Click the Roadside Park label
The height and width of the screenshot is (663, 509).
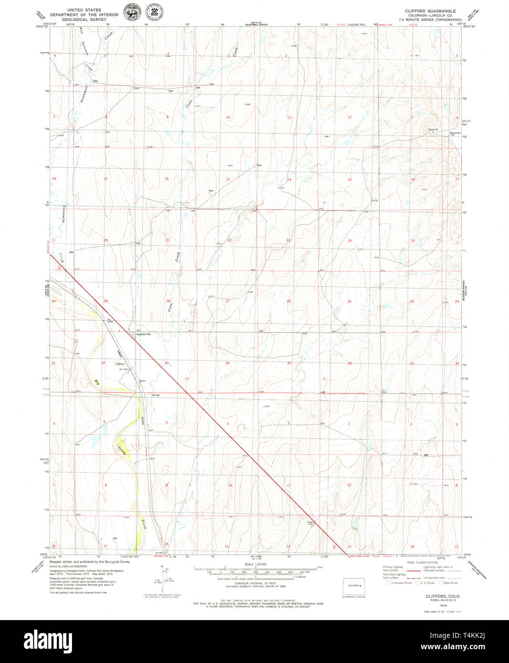144,334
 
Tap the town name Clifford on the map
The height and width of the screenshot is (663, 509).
120,364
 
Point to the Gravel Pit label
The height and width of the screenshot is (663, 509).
433,129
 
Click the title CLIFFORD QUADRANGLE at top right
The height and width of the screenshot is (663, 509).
430,11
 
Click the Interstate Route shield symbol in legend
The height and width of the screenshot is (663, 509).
389,583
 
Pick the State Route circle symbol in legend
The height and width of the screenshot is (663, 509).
440,583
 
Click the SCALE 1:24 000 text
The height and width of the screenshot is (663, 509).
255,564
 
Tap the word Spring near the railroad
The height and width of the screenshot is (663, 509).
156,395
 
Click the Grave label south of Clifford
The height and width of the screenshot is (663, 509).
142,381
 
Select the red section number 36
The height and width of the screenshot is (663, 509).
350,363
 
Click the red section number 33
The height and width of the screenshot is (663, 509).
166,363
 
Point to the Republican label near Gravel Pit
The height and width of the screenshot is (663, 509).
455,133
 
